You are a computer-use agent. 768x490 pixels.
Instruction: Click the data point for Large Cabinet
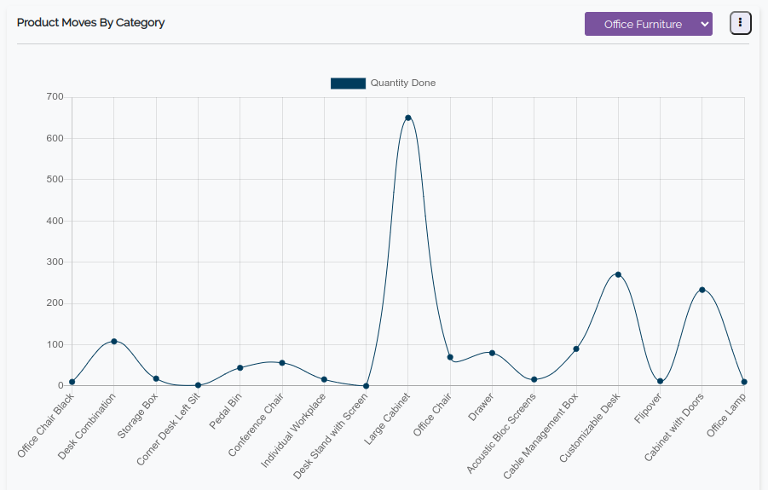tap(408, 118)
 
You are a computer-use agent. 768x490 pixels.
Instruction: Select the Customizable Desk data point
tap(618, 274)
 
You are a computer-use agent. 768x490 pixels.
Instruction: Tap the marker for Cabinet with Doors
tap(702, 290)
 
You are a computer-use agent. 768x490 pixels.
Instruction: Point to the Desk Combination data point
tap(114, 342)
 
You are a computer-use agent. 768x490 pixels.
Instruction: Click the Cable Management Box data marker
tap(576, 349)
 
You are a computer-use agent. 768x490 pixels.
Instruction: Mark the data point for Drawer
tap(492, 353)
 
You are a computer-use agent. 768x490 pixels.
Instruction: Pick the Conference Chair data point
tap(282, 363)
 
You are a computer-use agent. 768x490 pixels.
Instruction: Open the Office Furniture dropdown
tap(648, 24)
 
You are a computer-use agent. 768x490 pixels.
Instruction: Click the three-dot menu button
tap(740, 24)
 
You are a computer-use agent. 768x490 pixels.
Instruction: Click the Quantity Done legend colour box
tap(348, 84)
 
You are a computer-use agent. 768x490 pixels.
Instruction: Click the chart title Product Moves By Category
tap(91, 23)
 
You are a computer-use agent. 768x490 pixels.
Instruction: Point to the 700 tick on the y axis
tap(55, 97)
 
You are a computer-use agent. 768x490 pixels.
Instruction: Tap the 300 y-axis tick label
tap(55, 262)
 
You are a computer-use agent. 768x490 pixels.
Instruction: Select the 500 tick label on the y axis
tap(55, 180)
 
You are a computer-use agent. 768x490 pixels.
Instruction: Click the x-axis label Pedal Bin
tap(227, 412)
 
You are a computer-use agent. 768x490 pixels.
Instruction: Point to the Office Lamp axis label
tap(726, 415)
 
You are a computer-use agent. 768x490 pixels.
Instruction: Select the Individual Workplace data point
tap(324, 379)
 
